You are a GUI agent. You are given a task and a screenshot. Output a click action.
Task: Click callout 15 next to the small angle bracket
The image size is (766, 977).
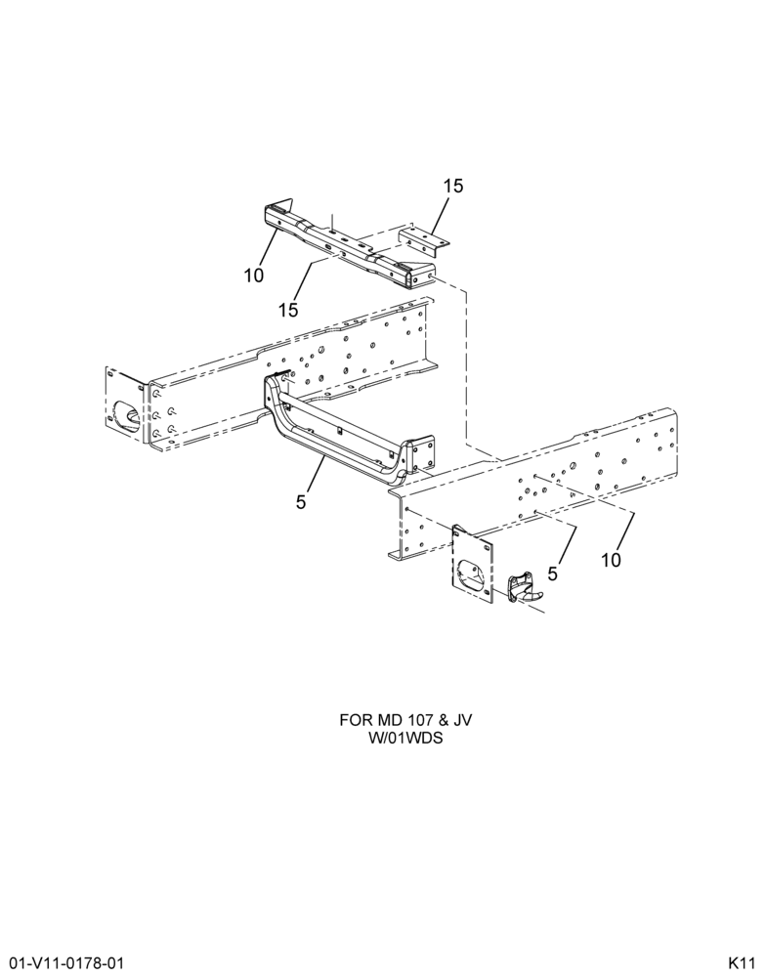pyautogui.click(x=453, y=186)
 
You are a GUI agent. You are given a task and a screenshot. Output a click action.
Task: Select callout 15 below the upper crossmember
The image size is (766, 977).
pyautogui.click(x=288, y=310)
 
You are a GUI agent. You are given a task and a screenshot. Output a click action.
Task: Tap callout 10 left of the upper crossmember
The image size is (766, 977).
pyautogui.click(x=254, y=275)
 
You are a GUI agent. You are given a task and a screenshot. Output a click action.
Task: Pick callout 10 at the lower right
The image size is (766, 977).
pyautogui.click(x=612, y=560)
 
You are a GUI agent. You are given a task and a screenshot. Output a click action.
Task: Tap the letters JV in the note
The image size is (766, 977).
pyautogui.click(x=462, y=721)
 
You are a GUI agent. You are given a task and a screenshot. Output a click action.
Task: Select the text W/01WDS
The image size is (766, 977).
pyautogui.click(x=405, y=740)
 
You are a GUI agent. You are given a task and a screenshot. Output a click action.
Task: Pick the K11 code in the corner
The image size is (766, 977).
pyautogui.click(x=743, y=961)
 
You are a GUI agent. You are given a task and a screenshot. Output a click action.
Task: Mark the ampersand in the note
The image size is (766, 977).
pyautogui.click(x=441, y=721)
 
